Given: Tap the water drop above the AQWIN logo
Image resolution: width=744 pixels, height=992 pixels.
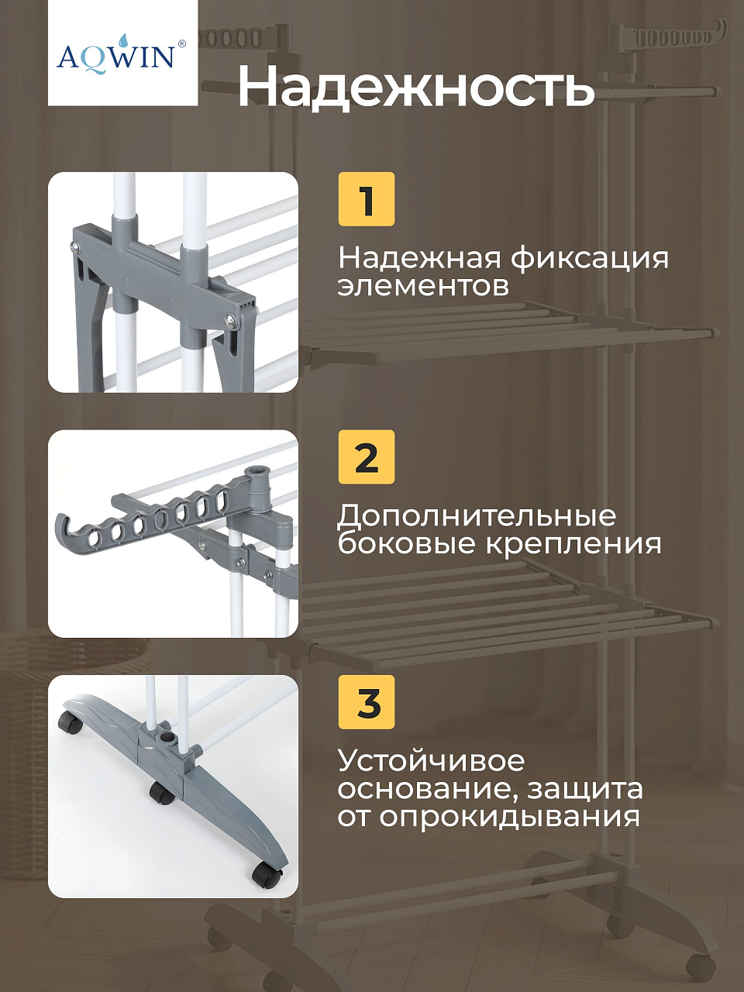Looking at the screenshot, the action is tap(122, 40).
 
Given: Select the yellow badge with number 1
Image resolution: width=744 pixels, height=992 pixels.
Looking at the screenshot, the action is tap(367, 199).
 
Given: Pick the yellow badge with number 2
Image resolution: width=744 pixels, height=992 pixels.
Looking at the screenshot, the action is tap(367, 457).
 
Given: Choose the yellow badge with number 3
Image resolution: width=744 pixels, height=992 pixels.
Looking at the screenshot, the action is tap(367, 702).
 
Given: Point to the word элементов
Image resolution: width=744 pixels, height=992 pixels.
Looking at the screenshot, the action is tap(423, 286).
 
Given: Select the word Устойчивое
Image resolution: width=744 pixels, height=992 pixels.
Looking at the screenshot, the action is tap(431, 762).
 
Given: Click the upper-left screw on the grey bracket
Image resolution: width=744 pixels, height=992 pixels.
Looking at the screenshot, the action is tap(75, 246).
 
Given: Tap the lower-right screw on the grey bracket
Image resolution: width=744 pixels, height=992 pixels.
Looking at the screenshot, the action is tap(229, 320).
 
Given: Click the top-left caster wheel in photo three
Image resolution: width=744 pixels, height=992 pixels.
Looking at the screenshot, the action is tap(72, 725).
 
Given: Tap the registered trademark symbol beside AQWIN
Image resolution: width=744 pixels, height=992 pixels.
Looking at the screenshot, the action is tap(181, 44).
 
